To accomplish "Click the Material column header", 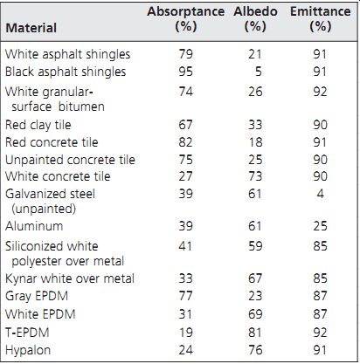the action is click(31, 28).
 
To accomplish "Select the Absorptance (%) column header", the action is click(186, 19).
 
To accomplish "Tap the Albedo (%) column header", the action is click(255, 19).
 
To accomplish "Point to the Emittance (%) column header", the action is click(321, 19).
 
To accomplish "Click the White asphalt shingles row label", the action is click(67, 54).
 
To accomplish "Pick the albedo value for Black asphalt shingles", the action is click(259, 72).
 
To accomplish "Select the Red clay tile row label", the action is click(38, 125).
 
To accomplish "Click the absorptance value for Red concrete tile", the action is click(186, 142).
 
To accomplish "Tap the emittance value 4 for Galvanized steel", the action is click(321, 194).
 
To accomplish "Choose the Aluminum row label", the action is click(34, 226).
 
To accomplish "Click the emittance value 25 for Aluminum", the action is click(321, 226).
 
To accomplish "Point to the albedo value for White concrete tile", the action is click(255, 176).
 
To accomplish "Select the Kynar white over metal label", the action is click(70, 278).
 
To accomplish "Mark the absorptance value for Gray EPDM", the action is click(186, 296).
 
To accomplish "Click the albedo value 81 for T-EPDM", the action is click(255, 333).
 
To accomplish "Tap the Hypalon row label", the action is click(28, 350).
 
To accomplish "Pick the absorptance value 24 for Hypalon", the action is click(186, 350).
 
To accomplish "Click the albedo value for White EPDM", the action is click(255, 314).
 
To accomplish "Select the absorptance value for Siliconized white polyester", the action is click(185, 246).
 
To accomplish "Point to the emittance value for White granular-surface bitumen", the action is click(321, 92).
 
